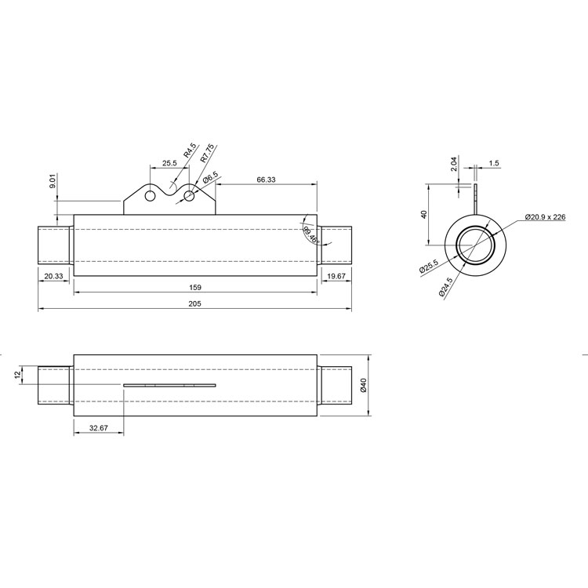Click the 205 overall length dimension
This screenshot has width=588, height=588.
pyautogui.click(x=195, y=303)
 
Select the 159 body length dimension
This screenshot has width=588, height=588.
pyautogui.click(x=195, y=287)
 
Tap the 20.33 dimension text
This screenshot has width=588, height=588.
pyautogui.click(x=54, y=277)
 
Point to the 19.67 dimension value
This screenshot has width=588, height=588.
pyautogui.click(x=336, y=277)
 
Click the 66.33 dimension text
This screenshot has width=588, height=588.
pyautogui.click(x=266, y=180)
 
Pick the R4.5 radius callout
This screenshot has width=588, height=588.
pyautogui.click(x=190, y=150)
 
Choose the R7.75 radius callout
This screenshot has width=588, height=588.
pyautogui.click(x=207, y=153)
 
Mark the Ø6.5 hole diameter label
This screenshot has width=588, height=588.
pyautogui.click(x=210, y=177)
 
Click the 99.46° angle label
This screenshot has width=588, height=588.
pyautogui.click(x=311, y=235)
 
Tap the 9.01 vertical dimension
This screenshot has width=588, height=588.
pyautogui.click(x=53, y=182)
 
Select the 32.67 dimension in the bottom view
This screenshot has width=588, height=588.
pyautogui.click(x=99, y=428)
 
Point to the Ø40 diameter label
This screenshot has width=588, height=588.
pyautogui.click(x=363, y=385)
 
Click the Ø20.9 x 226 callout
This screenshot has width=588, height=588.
pyautogui.click(x=545, y=216)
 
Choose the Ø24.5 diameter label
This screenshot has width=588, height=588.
pyautogui.click(x=446, y=287)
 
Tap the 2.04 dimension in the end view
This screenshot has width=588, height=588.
pyautogui.click(x=454, y=164)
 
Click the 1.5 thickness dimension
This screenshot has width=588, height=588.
pyautogui.click(x=494, y=163)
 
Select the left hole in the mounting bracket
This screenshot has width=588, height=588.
pyautogui.click(x=150, y=196)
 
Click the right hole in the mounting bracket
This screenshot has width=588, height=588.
pyautogui.click(x=189, y=196)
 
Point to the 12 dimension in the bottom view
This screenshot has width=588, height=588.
pyautogui.click(x=16, y=374)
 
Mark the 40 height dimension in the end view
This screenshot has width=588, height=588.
pyautogui.click(x=424, y=215)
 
